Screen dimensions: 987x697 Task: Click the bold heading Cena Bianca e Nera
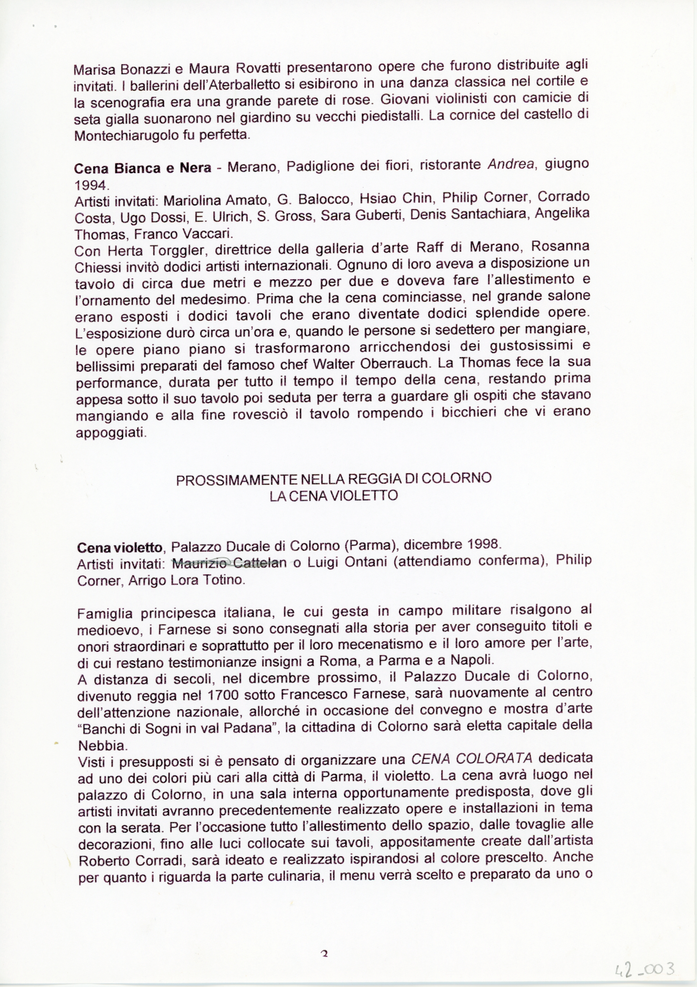[x=143, y=168]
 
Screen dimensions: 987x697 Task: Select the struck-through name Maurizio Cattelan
[x=229, y=563]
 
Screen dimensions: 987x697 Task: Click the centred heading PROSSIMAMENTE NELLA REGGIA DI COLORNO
[x=333, y=479]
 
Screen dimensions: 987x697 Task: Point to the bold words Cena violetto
[x=120, y=547]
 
